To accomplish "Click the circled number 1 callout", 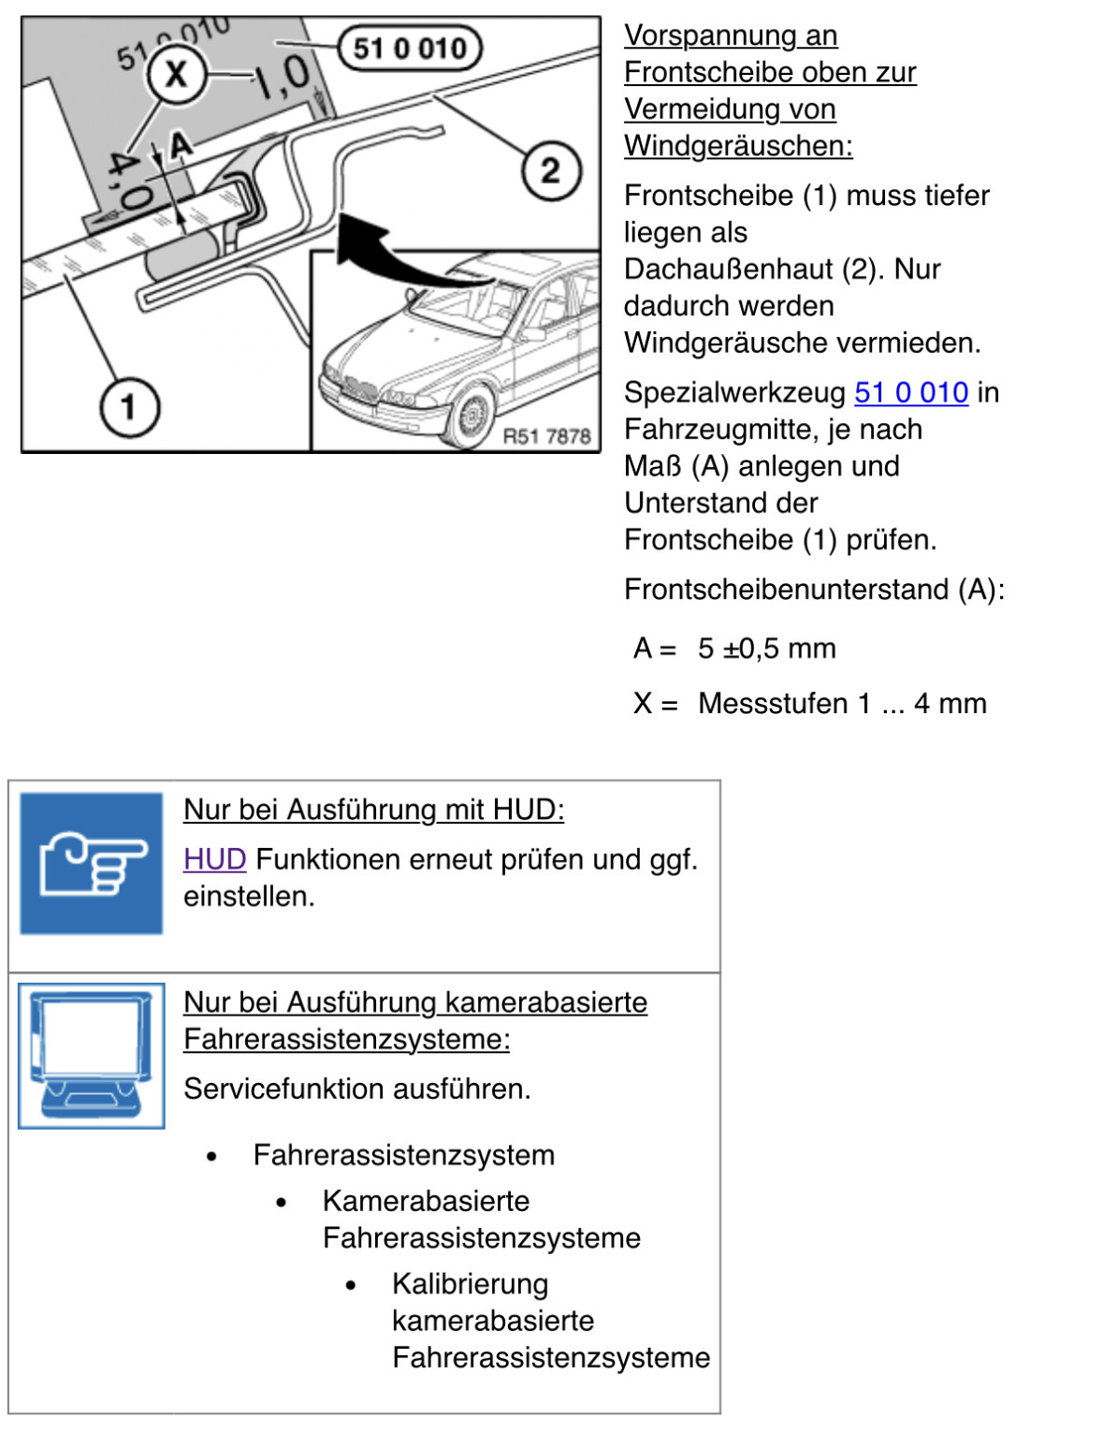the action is click(x=129, y=407).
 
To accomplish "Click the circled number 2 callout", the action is click(x=551, y=170).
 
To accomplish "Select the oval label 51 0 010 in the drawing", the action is click(x=410, y=48).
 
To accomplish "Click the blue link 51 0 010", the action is click(x=911, y=393).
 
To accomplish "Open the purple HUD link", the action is click(x=215, y=859).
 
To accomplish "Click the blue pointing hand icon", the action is click(x=92, y=863).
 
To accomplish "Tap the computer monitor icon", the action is click(x=92, y=1056).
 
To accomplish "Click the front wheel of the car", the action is click(x=472, y=416).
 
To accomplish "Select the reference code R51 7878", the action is click(x=546, y=436).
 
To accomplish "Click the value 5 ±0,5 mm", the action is click(x=767, y=649).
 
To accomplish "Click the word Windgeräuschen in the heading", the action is click(x=738, y=146).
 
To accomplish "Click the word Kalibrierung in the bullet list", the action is click(x=471, y=1284).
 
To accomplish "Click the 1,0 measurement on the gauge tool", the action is click(x=282, y=77).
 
